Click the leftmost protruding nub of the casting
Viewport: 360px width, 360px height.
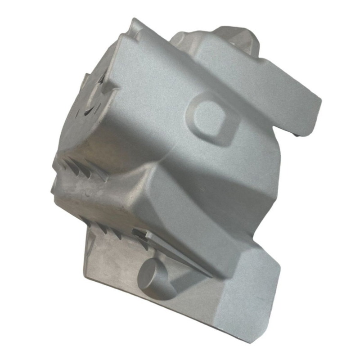pyautogui.click(x=54, y=189)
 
